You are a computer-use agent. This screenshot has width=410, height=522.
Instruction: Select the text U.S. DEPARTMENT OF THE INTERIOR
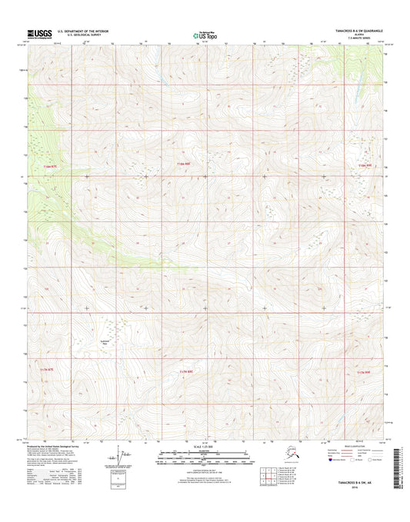tap(82, 31)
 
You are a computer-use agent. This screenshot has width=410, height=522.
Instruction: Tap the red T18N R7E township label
tap(51, 165)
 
